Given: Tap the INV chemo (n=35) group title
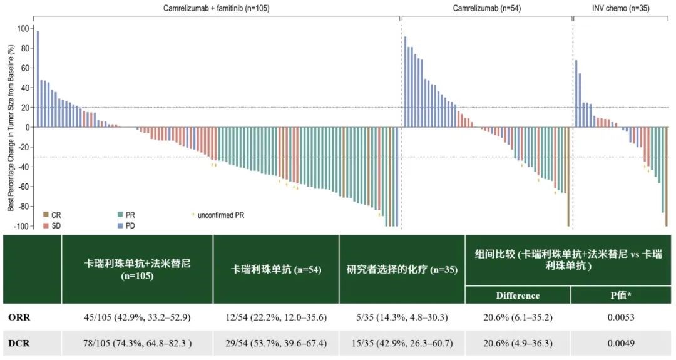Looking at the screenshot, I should pyautogui.click(x=620, y=8).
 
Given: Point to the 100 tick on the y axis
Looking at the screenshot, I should pyautogui.click(x=23, y=28).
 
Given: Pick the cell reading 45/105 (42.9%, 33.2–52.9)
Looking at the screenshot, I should pyautogui.click(x=137, y=317).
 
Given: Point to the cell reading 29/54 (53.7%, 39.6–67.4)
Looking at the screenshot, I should pyautogui.click(x=276, y=343).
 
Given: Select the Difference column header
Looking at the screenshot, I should pyautogui.click(x=518, y=295).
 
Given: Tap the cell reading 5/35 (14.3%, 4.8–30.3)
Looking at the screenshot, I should pyautogui.click(x=402, y=317).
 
